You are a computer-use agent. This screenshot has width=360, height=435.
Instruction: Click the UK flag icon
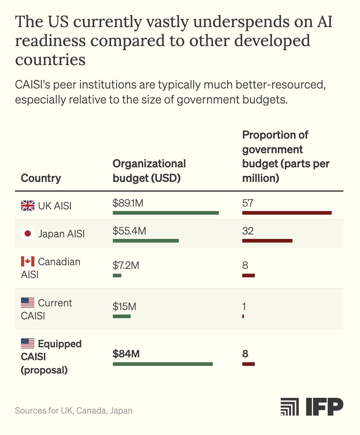point(28,205)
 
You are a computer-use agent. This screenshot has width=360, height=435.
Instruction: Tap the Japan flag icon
point(28,234)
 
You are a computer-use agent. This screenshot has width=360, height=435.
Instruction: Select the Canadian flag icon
point(28,261)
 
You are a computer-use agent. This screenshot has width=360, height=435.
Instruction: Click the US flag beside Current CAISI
point(28,303)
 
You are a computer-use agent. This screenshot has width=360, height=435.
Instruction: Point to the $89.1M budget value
point(128,203)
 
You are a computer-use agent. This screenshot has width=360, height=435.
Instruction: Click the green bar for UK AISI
point(166,213)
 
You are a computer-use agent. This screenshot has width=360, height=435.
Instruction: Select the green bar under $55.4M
point(146,241)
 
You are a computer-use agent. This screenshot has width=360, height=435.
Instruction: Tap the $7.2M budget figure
point(126,266)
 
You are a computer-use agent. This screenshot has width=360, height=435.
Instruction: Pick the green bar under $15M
point(122,316)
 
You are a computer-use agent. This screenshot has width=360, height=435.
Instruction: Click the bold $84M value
point(126,354)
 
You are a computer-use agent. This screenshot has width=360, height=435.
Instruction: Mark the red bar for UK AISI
point(287,213)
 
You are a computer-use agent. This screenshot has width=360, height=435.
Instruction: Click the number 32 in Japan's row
point(248,231)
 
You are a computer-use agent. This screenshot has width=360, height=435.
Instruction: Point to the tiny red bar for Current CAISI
point(243,316)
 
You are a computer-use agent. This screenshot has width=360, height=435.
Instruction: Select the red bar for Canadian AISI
point(248,275)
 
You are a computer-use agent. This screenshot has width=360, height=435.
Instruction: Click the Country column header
point(41,178)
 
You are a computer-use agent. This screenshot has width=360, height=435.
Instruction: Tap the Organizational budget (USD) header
point(149,171)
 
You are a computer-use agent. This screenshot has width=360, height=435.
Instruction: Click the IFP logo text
point(324,406)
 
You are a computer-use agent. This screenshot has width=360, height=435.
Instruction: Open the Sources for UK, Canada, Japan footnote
point(74,411)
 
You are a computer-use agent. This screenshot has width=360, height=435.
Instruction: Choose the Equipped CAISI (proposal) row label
point(51,357)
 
